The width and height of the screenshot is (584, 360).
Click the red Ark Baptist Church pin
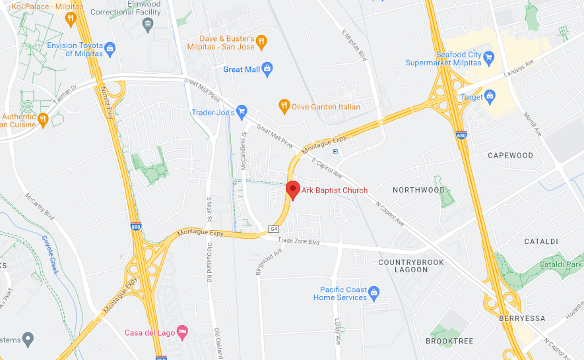(x=293, y=189)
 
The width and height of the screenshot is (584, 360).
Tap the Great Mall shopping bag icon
(x=267, y=69)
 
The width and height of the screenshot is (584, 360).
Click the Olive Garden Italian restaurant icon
(x=284, y=105)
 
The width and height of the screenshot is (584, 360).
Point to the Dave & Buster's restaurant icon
(x=261, y=42)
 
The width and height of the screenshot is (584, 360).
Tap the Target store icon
(x=490, y=97)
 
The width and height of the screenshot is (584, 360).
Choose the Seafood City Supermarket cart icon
(x=489, y=58)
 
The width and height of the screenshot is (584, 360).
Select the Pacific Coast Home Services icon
(x=374, y=291)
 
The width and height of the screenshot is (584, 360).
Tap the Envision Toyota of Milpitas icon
(x=110, y=48)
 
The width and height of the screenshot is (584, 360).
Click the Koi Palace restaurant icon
(x=71, y=18)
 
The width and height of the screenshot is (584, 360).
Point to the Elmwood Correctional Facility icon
(x=147, y=24)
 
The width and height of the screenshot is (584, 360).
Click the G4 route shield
(x=274, y=229)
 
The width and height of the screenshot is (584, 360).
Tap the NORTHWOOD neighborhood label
(x=418, y=190)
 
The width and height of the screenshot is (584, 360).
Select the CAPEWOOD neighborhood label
(x=510, y=156)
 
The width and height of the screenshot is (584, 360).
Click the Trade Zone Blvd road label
(x=298, y=241)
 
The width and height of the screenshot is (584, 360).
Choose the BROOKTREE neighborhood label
(x=449, y=341)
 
